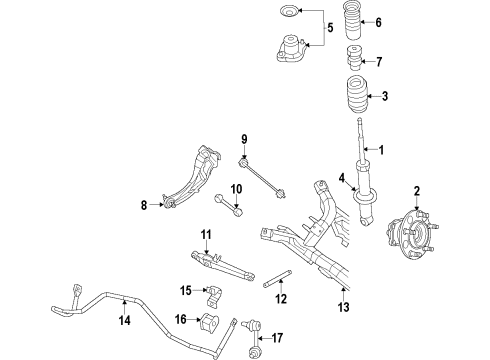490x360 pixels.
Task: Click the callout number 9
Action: pos(243,138)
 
